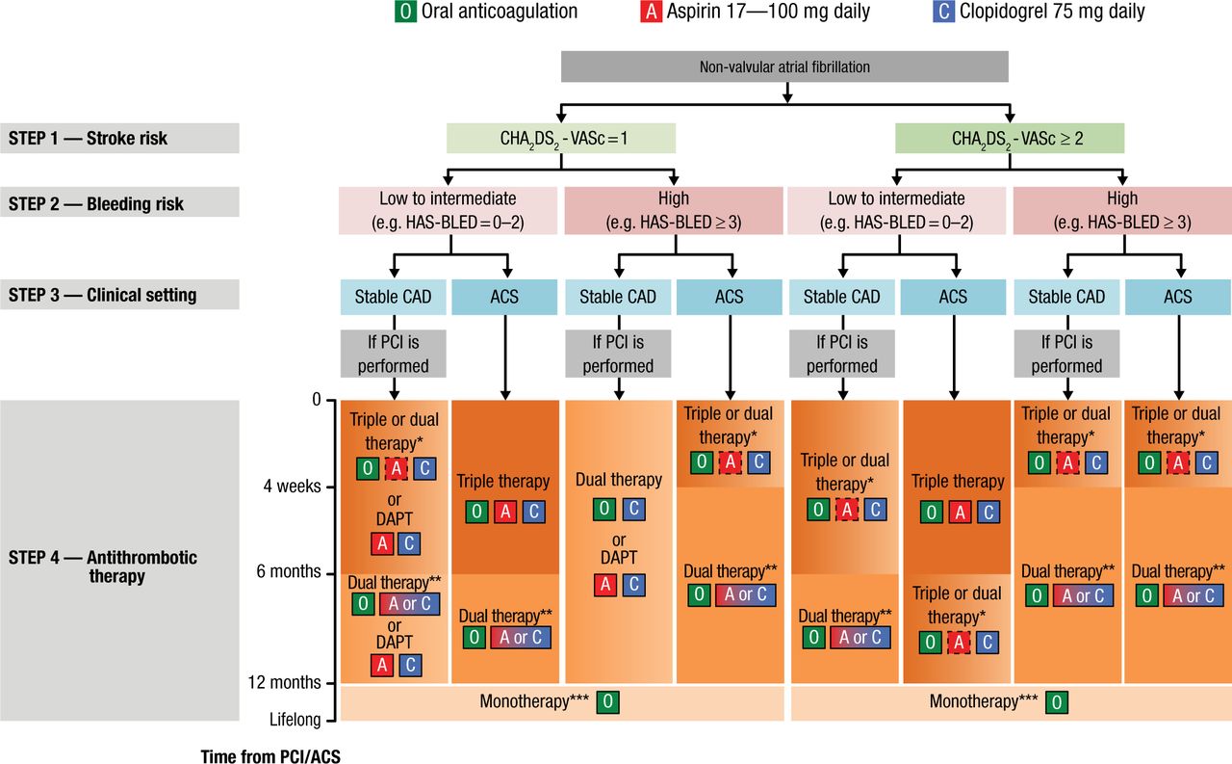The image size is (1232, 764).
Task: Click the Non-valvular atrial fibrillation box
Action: [784, 66]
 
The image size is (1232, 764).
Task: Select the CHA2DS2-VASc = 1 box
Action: [560, 138]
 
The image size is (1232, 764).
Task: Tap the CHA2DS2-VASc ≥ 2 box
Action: [1010, 138]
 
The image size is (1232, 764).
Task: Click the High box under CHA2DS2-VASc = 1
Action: [673, 209]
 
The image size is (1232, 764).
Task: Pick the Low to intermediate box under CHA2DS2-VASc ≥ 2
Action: [896, 209]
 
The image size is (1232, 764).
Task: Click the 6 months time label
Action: [287, 571]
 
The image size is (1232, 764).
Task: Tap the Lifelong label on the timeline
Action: [295, 720]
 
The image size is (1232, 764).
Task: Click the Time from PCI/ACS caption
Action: [270, 756]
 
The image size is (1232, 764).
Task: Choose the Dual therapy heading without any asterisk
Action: [619, 480]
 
